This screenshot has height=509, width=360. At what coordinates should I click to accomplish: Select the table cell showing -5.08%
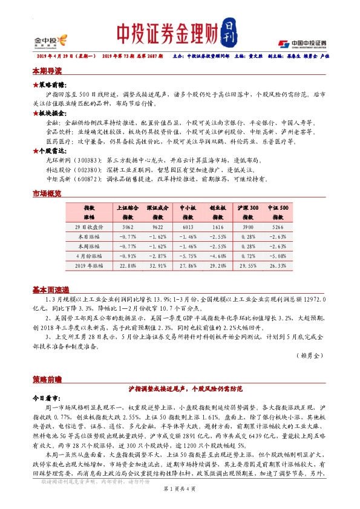[x=280, y=256]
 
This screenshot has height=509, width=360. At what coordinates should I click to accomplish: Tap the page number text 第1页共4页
[x=180, y=497]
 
